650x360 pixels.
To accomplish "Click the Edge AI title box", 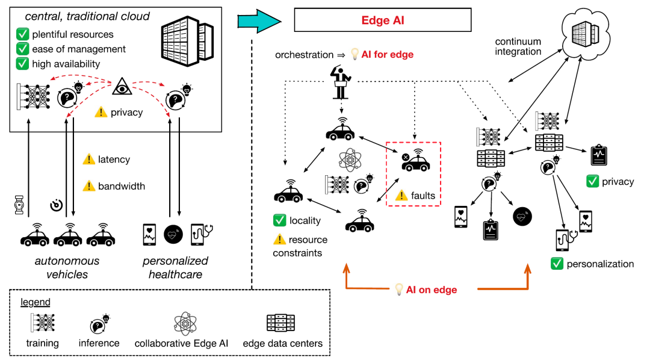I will coord(382,20).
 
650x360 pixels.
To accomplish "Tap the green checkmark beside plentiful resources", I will coord(23,34).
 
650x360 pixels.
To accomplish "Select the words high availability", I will coord(67,63).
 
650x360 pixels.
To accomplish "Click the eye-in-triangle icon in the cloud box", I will coord(122,89).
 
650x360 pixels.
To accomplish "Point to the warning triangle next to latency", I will coord(88,160).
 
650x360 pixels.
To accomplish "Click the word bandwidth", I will coord(122,186).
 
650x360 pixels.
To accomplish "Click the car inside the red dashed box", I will coord(415,162).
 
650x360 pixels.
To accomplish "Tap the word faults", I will coord(423,196).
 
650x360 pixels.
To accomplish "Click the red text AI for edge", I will coord(387,55).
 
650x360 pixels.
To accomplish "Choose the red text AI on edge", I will coord(431,290).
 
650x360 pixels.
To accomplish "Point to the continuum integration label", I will coord(518,46).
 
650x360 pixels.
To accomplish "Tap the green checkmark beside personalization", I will coord(557,264).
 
